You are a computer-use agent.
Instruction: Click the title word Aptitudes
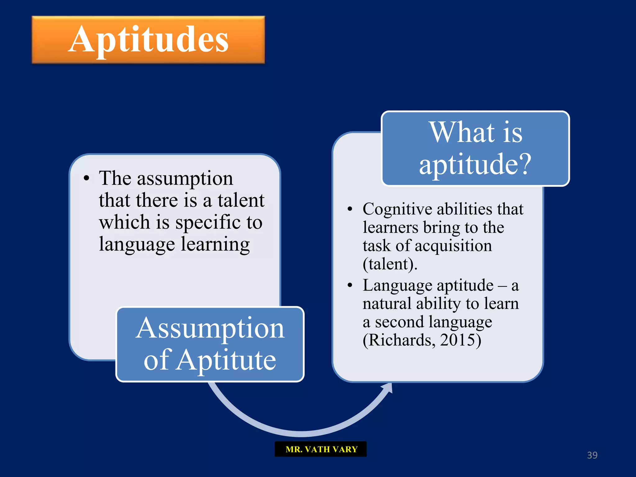[148, 40]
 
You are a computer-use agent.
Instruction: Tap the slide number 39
[592, 455]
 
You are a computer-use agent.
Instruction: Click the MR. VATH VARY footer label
[321, 449]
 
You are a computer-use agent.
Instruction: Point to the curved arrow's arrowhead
[388, 388]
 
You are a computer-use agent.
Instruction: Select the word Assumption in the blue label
[210, 329]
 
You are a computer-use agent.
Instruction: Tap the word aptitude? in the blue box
[475, 164]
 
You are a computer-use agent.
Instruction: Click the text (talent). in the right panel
[390, 264]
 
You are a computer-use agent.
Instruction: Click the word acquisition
[453, 246]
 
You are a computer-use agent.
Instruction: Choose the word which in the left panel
[125, 222]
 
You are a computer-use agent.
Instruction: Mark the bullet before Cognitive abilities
[350, 209]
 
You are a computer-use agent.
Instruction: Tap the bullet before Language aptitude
[350, 285]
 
